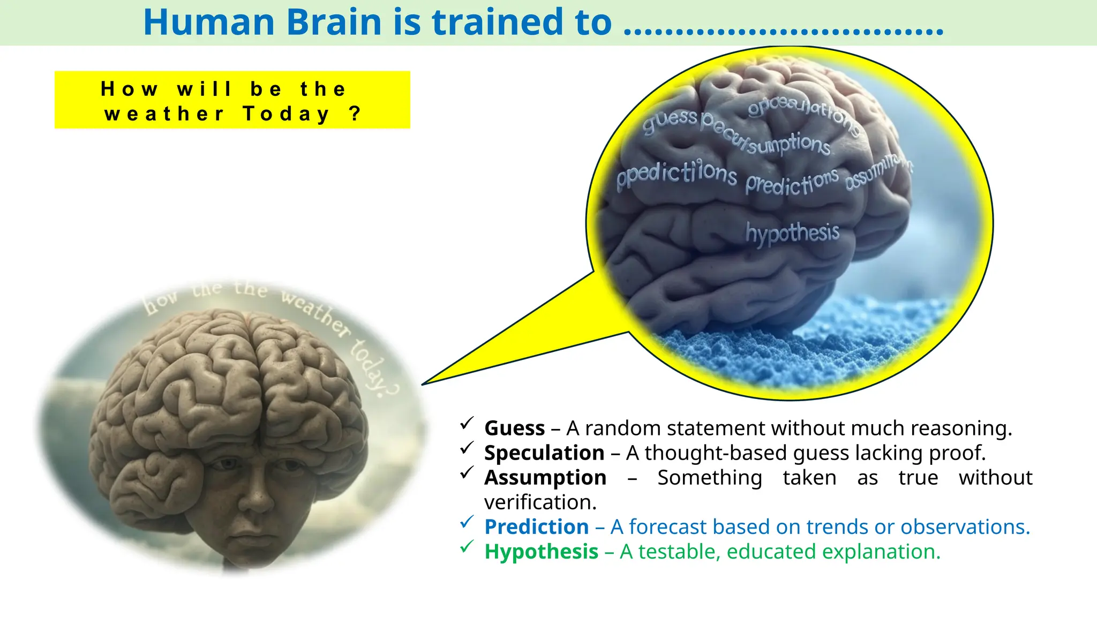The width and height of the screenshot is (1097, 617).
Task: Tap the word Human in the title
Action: point(209,22)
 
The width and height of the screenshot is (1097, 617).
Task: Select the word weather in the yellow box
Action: point(164,114)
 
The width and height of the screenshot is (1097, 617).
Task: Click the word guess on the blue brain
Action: point(670,121)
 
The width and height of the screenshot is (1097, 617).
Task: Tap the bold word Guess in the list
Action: point(514,428)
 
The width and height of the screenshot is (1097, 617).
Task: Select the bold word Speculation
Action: point(544,453)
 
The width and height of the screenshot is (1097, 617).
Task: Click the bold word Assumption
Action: point(545,478)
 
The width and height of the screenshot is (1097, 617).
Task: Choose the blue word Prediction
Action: point(537,527)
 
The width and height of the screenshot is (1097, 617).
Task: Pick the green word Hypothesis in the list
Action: point(541,552)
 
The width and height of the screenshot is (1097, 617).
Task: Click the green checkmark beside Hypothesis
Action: point(467,546)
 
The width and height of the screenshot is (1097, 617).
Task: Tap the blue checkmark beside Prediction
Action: point(467,522)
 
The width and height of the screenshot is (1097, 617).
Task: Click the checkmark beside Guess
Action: point(467,423)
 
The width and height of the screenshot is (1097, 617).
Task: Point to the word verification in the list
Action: point(539,502)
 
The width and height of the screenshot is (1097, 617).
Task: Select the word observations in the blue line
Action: point(964,527)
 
